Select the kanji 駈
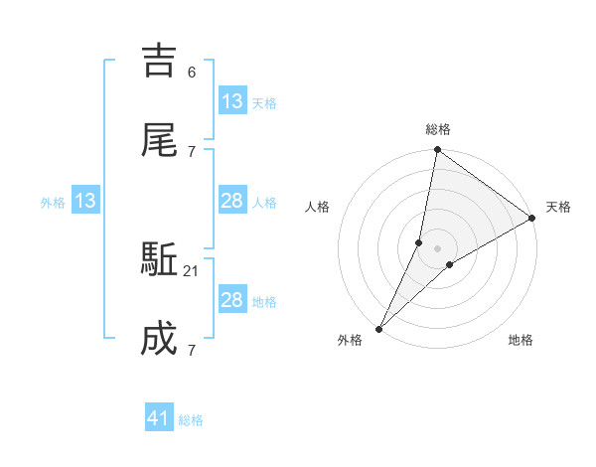(159, 262)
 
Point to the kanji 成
(159, 340)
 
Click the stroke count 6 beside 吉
(192, 72)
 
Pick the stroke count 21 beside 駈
(192, 271)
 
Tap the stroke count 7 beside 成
(192, 350)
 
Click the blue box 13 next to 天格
(231, 100)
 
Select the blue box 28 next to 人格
(231, 201)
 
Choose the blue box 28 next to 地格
(231, 300)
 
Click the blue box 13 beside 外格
(85, 201)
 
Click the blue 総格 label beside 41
(191, 420)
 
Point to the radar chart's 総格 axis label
(438, 129)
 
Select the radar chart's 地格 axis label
(521, 340)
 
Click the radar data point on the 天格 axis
(532, 219)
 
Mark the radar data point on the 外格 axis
(378, 329)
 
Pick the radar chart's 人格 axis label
(318, 207)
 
